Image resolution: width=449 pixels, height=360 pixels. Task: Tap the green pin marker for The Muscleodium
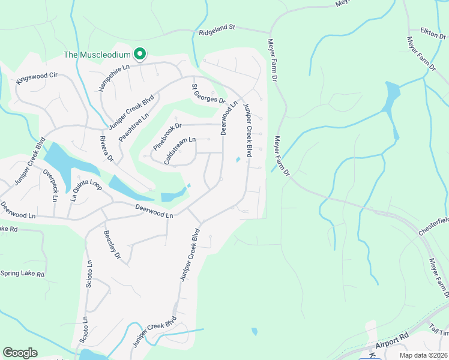(140, 54)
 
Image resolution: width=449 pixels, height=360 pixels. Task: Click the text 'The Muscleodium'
(97, 55)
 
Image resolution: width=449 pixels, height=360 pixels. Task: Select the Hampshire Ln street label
(114, 78)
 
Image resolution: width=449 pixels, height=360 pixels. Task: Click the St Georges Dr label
(208, 93)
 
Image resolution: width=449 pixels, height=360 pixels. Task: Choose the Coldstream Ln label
(179, 151)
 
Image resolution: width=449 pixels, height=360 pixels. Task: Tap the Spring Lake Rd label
(23, 274)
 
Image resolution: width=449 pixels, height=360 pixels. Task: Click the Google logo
(20, 353)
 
